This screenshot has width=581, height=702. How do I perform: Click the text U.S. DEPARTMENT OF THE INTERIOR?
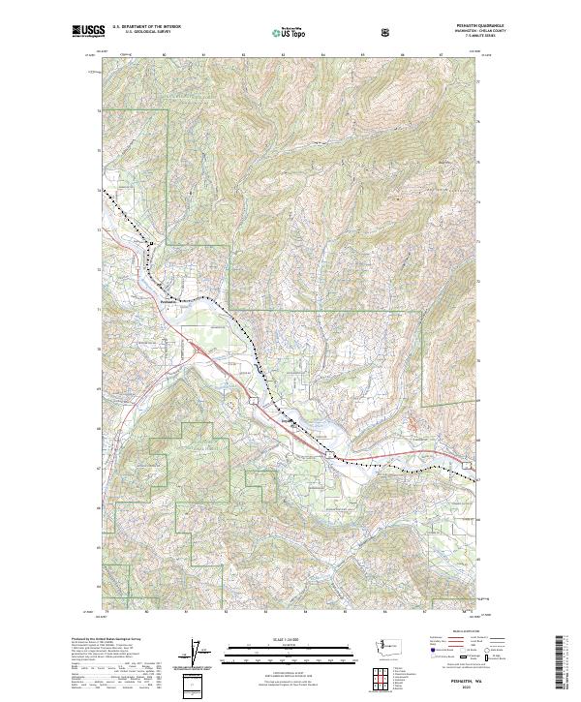point(146,27)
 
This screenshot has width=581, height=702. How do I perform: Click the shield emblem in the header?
point(388,31)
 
